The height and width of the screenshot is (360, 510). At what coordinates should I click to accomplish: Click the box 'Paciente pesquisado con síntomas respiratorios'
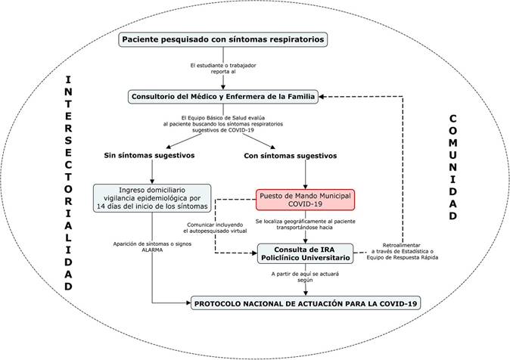[x=224, y=39]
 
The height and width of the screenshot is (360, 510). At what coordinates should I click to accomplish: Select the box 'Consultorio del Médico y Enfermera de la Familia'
[x=224, y=97]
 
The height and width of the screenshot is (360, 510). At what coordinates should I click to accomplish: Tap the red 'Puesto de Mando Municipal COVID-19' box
[x=303, y=199]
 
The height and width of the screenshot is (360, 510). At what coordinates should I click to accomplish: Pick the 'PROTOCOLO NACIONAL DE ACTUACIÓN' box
[x=306, y=303]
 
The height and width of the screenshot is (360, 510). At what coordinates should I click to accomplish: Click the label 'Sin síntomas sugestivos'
[x=149, y=156]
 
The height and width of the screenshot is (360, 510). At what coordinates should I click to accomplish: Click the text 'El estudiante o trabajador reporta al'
[x=224, y=68]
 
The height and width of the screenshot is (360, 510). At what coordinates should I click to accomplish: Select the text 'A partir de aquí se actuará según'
[x=306, y=278]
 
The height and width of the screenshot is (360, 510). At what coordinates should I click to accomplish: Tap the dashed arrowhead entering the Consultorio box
[x=323, y=97]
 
